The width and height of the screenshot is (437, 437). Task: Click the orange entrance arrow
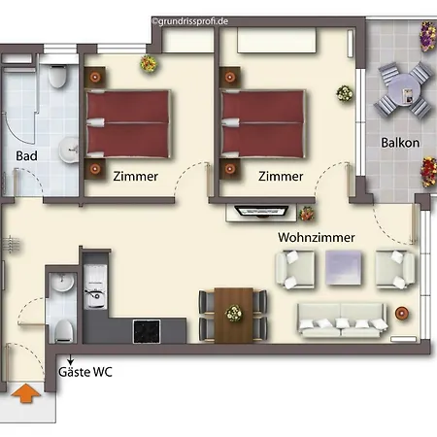(26, 393)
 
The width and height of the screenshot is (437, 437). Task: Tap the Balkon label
(400, 143)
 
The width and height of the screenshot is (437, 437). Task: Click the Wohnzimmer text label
(317, 237)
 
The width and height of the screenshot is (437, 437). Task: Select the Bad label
(26, 156)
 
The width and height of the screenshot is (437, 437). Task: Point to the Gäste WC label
(85, 372)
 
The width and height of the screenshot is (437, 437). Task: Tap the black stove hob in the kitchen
(147, 331)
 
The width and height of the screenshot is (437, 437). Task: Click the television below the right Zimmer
(261, 212)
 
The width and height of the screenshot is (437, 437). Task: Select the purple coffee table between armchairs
(343, 267)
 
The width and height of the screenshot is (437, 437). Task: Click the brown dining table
(234, 315)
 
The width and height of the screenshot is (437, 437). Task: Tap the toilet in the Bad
(58, 76)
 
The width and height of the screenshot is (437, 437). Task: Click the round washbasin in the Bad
(69, 150)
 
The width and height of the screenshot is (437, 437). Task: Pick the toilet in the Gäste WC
(63, 331)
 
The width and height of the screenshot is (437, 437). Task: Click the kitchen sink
(95, 286)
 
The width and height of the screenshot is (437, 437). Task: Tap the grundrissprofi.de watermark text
(190, 21)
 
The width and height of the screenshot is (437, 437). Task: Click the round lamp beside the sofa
(402, 313)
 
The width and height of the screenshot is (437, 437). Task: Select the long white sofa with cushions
(343, 320)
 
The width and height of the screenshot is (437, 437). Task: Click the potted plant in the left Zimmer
(149, 63)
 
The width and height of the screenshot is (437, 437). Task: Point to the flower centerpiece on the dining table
(234, 314)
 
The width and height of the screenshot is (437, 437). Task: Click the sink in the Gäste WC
(62, 283)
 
